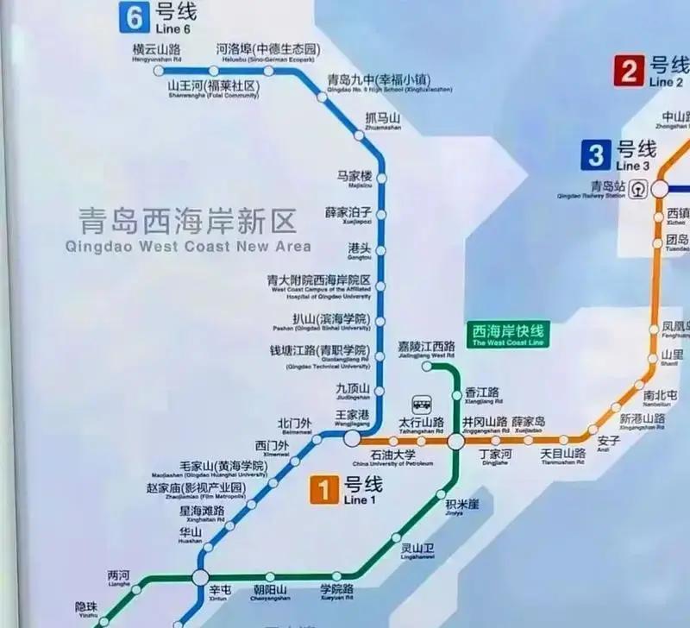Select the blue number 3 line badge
[595, 155]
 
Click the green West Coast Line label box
[508, 335]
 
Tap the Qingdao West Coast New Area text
[187, 231]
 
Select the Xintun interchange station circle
[201, 577]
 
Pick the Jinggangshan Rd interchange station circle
[455, 442]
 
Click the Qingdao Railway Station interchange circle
[660, 188]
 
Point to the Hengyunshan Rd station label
[155, 53]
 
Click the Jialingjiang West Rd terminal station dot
[427, 366]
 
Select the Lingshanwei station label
[417, 550]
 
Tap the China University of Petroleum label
[393, 457]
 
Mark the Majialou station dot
[380, 179]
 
